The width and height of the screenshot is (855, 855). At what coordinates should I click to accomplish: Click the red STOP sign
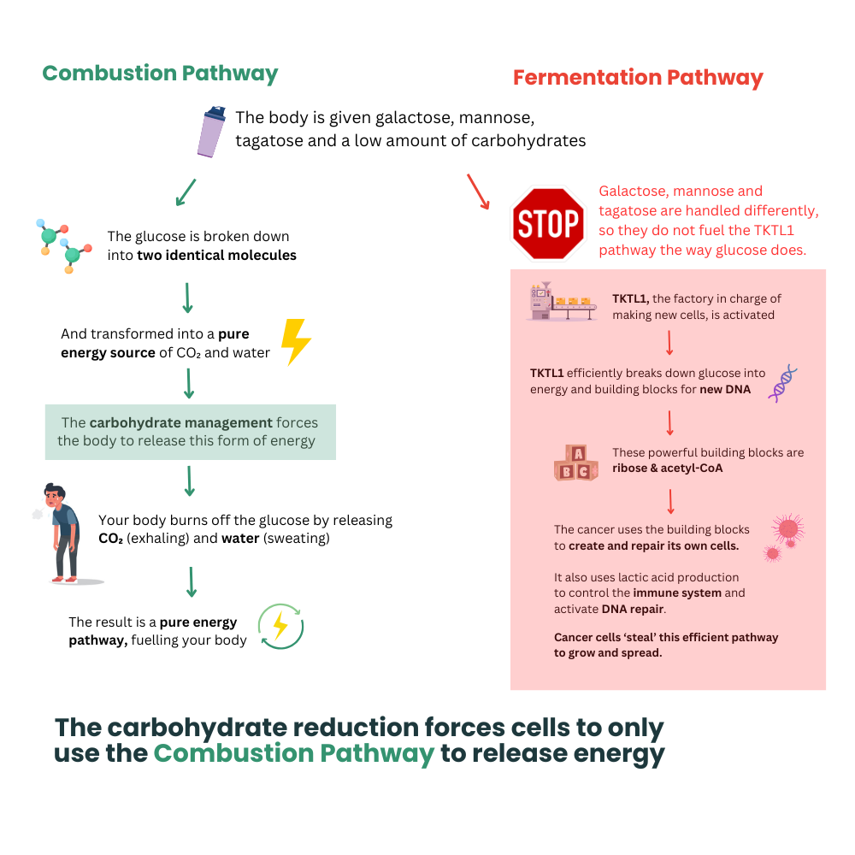coord(548,223)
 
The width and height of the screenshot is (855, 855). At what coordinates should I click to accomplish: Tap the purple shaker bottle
coord(211,132)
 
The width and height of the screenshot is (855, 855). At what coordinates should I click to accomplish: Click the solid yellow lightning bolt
coord(296,342)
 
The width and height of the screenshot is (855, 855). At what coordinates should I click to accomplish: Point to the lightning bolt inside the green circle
coord(280,626)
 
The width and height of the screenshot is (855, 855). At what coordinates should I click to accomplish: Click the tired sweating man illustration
coord(65,533)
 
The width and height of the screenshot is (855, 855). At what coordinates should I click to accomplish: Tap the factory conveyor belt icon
coord(563,302)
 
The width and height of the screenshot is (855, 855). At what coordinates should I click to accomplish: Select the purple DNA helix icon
coord(782,384)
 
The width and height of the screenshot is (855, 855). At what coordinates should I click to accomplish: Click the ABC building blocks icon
coord(575,463)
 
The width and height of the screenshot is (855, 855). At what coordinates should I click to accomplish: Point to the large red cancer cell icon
coord(788,528)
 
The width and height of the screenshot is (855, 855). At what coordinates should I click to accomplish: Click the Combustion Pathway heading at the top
coord(161,74)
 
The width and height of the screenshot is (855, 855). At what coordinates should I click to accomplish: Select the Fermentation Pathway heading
coord(638,78)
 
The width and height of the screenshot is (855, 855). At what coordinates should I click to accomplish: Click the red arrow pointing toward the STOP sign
coord(478,192)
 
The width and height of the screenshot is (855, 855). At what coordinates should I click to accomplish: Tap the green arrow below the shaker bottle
coord(186,192)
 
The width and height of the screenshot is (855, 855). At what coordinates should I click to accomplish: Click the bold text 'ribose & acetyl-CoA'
coord(668,469)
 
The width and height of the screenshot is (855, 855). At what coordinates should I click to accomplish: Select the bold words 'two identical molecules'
coord(216,255)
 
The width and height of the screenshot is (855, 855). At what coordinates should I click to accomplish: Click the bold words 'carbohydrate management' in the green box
coord(181,422)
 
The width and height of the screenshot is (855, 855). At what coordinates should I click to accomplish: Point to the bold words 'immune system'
coord(677,593)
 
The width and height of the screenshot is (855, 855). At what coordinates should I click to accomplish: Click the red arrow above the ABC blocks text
coord(670,423)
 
